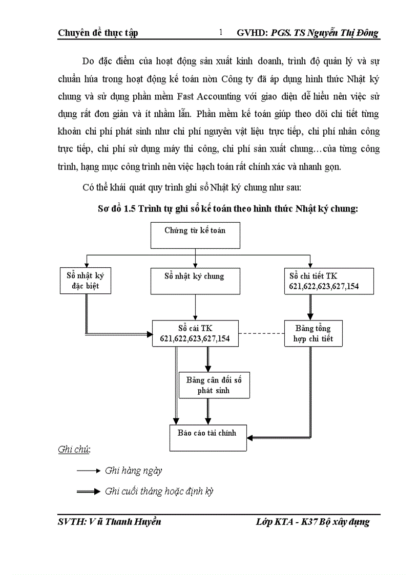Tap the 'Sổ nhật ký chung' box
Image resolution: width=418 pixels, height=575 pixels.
pos(195,281)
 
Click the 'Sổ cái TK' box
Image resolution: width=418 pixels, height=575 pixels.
pos(195,333)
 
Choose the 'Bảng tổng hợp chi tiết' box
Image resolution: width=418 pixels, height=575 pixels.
pos(313,333)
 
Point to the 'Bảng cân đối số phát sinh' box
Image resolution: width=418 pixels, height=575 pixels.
pos(214,385)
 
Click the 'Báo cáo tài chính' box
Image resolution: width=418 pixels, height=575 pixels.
pos(207,437)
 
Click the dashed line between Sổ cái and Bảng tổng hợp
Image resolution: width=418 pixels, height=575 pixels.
pos(261,333)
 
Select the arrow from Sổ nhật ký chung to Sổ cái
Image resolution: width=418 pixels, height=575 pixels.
pos(195,307)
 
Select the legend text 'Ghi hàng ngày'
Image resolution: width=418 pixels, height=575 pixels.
pos(134,470)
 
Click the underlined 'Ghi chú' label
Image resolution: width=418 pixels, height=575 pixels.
pos(74,450)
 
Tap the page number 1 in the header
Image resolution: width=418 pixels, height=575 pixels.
pos(221,33)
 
